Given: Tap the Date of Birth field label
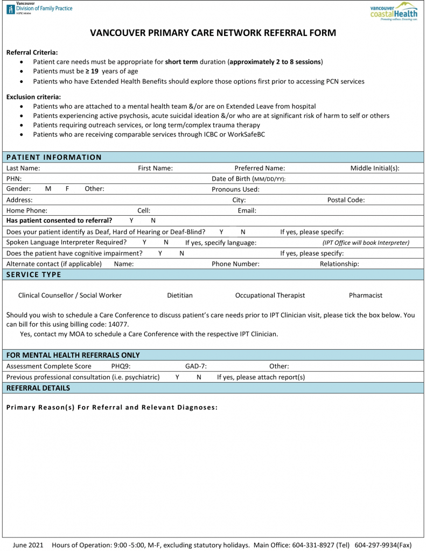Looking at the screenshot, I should (248, 179).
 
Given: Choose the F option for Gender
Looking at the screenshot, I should (67, 189).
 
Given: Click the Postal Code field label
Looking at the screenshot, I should (346, 200).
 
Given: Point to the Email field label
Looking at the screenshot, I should (247, 210).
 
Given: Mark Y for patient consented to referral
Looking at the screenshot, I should (131, 221).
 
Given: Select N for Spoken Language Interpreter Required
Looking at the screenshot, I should (166, 242).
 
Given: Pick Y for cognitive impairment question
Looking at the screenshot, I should (160, 253).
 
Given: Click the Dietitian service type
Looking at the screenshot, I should (179, 295).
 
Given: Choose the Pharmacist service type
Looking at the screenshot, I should (365, 295).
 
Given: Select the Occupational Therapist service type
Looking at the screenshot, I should (270, 295).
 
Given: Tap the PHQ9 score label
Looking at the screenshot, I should (121, 366).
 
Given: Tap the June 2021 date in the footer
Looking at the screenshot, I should (27, 545).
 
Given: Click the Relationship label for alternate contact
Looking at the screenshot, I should (339, 264).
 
